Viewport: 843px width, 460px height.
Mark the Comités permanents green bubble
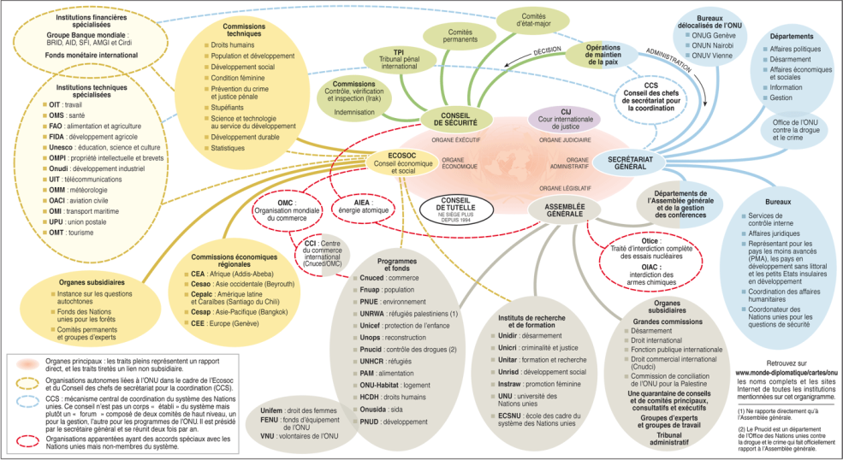tap(460, 37)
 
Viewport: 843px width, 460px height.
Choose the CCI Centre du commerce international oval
tap(323, 252)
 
